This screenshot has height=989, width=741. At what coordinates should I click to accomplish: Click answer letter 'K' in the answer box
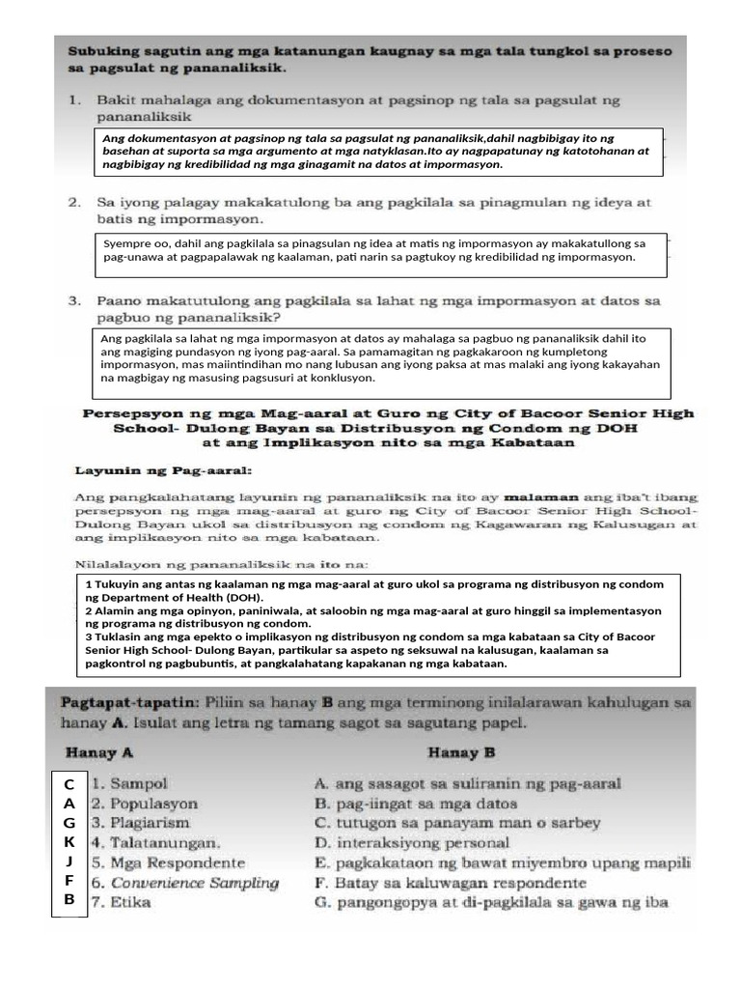(69, 842)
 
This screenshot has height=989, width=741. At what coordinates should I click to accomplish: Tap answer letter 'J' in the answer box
(69, 862)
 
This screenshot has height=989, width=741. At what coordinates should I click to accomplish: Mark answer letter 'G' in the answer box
(69, 823)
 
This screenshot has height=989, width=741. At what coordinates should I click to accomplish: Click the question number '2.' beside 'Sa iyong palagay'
(74, 203)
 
